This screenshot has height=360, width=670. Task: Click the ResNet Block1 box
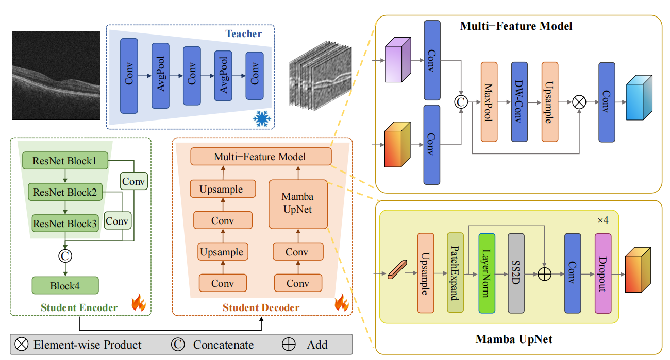[x=65, y=161]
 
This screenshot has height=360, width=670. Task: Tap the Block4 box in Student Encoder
[x=65, y=285]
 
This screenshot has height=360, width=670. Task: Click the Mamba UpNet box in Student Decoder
[x=298, y=204]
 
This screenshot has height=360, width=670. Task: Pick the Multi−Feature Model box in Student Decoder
[x=260, y=157]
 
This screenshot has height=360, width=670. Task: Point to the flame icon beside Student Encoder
[x=139, y=302]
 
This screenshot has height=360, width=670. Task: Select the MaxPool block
[x=489, y=102]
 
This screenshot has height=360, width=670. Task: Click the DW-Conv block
[x=519, y=102]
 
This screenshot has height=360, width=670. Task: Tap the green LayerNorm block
[x=487, y=273]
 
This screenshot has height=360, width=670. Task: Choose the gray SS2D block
[x=516, y=273]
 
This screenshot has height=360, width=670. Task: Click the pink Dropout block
[x=602, y=273]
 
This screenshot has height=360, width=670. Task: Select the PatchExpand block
[x=455, y=273]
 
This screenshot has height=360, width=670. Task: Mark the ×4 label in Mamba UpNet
[x=602, y=220]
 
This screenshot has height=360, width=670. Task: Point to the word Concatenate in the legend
[x=223, y=345]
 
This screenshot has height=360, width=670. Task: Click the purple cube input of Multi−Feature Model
[x=398, y=60]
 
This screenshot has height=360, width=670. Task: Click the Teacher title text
[x=243, y=34]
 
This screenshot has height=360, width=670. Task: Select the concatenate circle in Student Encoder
[x=65, y=254]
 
